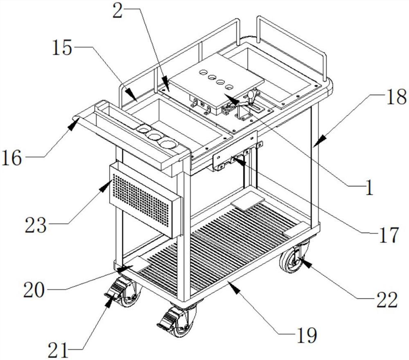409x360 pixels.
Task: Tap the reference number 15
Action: (62, 49)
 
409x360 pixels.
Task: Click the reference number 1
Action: (369, 188)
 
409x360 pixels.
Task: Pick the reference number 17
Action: (388, 236)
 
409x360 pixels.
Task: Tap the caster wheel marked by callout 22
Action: (291, 260)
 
